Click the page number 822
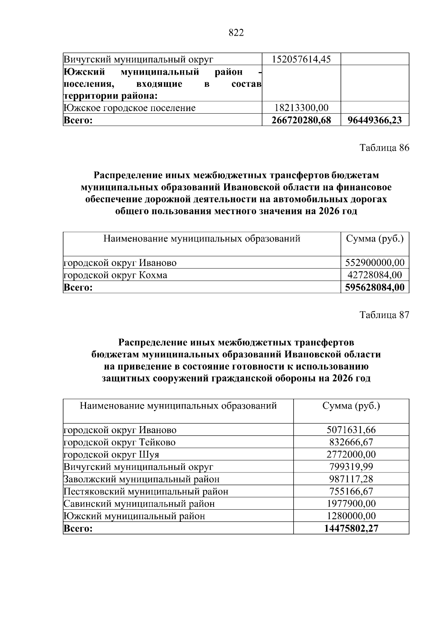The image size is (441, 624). point(236,33)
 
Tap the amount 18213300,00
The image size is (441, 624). point(301,108)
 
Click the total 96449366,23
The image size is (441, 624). point(375,120)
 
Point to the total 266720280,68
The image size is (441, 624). point(301,120)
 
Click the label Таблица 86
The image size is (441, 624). point(384,148)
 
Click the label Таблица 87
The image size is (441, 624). point(384,315)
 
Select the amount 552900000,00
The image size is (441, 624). point(375,263)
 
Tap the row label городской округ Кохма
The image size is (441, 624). point(115,275)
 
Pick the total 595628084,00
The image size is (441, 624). point(375,287)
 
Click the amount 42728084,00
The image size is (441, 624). point(375,275)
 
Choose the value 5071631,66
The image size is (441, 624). point(351,430)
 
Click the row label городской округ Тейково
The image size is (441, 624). point(119,442)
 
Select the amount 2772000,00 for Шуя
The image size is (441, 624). point(351,454)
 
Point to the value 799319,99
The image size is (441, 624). point(351,467)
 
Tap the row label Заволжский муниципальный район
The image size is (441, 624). point(141,479)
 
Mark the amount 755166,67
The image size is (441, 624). point(351,491)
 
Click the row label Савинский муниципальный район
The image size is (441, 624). point(139,503)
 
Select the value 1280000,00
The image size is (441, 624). point(351,516)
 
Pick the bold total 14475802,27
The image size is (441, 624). point(351,528)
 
